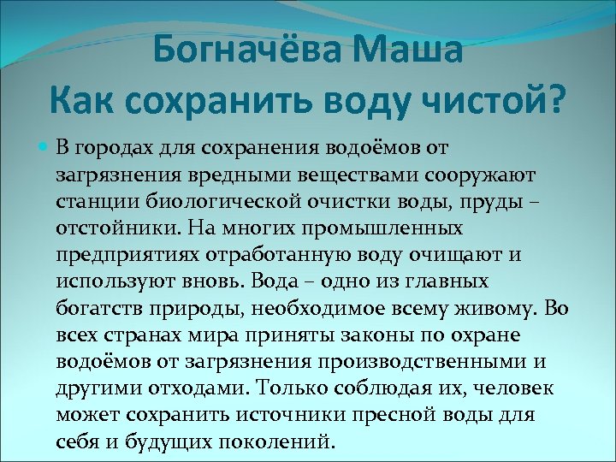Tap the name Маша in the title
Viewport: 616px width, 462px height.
(409, 50)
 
